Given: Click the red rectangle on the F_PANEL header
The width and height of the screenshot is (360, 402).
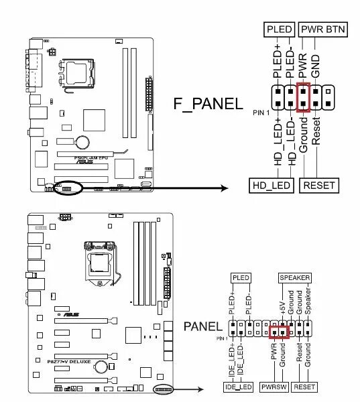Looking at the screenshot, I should [303, 98].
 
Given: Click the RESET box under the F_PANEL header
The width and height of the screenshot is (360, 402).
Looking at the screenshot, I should [318, 185].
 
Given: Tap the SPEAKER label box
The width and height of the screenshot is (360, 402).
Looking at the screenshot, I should [295, 277].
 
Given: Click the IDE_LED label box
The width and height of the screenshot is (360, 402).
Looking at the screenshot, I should [239, 387].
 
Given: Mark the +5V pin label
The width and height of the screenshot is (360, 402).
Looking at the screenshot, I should [282, 303].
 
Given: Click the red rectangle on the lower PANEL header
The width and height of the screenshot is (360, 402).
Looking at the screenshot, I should [278, 330].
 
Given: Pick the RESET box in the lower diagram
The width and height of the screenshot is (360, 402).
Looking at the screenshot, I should [304, 387].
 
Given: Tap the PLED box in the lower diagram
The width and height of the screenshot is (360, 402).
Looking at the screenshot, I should [240, 277].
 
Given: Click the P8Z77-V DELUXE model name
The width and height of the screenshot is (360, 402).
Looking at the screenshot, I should [65, 361].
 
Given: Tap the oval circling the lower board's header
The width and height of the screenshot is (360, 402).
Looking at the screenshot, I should [164, 389].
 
